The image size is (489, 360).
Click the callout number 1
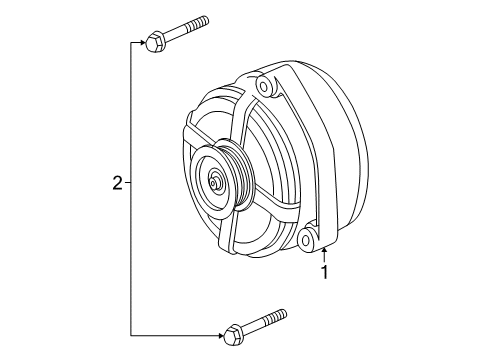point(323,270)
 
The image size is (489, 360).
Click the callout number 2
point(117,183)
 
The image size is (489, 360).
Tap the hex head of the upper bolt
point(154,42)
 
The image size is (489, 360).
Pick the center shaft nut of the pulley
point(215,183)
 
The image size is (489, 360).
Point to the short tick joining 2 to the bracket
point(128,183)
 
